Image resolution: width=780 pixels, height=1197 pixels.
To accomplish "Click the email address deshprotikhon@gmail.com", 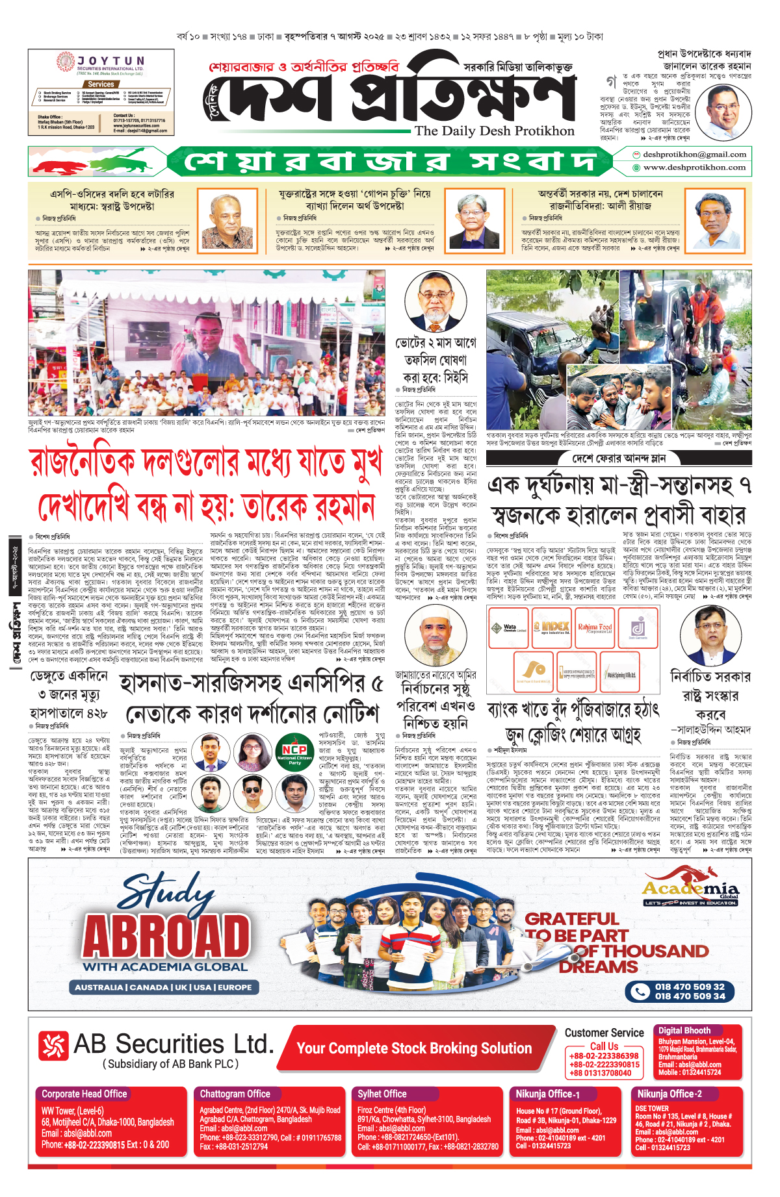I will point(694,155).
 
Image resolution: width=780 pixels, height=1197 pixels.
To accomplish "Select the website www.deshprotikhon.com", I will point(694,168).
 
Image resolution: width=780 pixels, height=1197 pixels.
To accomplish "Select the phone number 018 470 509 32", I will point(689,987).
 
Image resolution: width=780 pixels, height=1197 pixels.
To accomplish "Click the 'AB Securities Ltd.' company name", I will point(173,1044).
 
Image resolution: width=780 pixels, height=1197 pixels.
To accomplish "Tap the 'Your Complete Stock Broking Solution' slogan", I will point(414,1048).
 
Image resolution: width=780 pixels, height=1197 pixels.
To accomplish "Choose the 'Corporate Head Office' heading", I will point(84,1094).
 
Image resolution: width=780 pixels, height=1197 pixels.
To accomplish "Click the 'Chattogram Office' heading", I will point(235,1094).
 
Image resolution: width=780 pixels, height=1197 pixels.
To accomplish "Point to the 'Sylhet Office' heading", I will point(382,1094).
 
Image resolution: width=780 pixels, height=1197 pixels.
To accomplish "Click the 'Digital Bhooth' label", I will point(684,1030).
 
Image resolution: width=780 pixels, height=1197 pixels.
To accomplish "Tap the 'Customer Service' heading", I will point(604,1033).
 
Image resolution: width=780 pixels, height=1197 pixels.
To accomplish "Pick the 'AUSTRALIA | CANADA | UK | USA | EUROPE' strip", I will point(163,987).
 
